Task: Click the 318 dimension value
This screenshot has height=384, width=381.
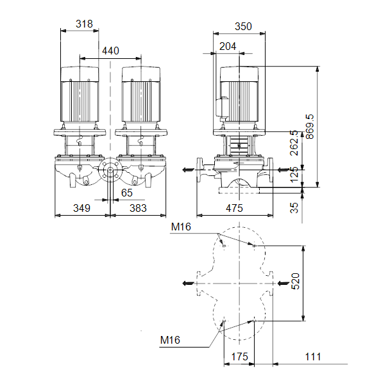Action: [84, 24]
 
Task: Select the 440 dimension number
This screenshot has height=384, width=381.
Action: [110, 51]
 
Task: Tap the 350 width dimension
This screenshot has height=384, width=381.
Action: [243, 26]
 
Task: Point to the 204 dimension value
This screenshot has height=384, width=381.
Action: [228, 46]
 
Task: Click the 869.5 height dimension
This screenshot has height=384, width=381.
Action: [310, 127]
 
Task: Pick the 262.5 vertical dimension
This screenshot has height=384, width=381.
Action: [294, 143]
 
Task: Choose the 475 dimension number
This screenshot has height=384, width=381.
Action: [234, 208]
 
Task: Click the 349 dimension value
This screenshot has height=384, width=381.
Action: [81, 208]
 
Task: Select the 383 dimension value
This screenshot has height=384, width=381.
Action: [138, 208]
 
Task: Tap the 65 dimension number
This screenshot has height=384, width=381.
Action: [126, 193]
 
